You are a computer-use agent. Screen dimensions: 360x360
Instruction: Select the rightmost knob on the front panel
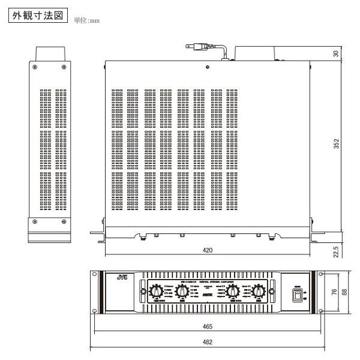click(258, 292)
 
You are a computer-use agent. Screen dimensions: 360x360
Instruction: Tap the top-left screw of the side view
click(35, 67)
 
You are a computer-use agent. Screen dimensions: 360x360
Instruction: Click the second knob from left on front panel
click(179, 292)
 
